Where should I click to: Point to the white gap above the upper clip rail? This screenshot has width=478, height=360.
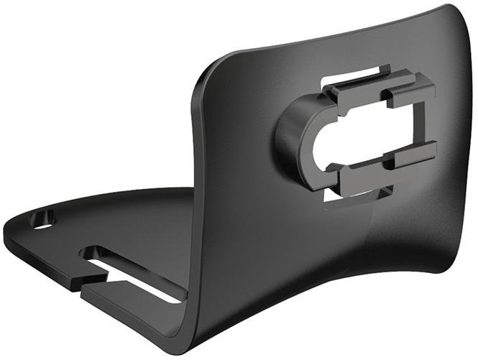tap(345, 77)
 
